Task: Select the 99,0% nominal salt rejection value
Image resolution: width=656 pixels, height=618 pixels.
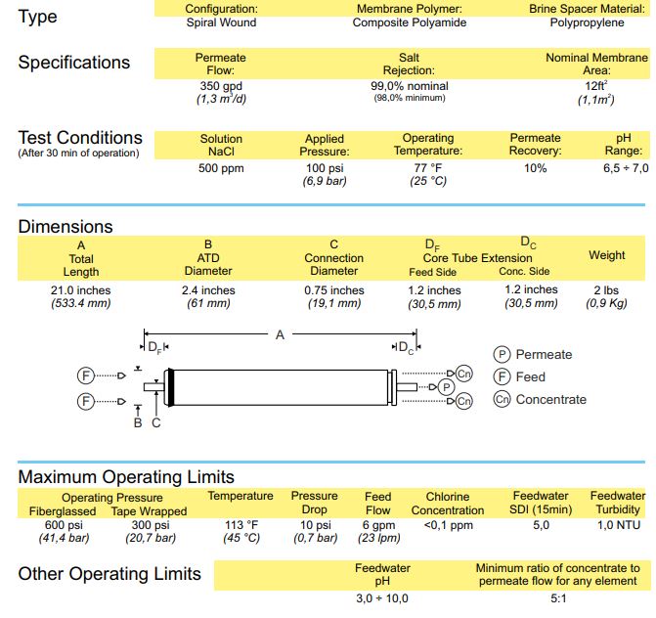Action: pyautogui.click(x=409, y=85)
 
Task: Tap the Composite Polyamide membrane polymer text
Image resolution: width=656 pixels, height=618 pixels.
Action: pyautogui.click(x=409, y=22)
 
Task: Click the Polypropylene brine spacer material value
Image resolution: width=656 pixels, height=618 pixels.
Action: pyautogui.click(x=594, y=22)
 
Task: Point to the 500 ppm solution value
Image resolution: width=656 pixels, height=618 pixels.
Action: pyautogui.click(x=221, y=169)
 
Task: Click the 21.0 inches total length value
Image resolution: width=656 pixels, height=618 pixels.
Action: pyautogui.click(x=81, y=290)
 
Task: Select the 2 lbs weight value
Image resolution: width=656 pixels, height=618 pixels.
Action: pyautogui.click(x=606, y=290)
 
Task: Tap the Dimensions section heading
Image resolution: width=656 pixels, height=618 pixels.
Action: pyautogui.click(x=66, y=227)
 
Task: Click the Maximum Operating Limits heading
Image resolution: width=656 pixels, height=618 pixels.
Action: pyautogui.click(x=126, y=477)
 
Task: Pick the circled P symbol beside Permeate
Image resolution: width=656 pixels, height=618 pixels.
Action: pyautogui.click(x=502, y=354)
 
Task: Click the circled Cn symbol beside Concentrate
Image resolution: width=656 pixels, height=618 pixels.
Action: pyautogui.click(x=502, y=399)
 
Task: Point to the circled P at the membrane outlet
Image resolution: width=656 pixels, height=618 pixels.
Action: pyautogui.click(x=445, y=387)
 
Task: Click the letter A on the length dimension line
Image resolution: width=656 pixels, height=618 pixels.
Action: pyautogui.click(x=280, y=334)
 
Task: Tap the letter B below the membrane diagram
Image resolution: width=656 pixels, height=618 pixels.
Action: pyautogui.click(x=138, y=422)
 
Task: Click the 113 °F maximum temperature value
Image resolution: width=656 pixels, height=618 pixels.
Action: pyautogui.click(x=240, y=524)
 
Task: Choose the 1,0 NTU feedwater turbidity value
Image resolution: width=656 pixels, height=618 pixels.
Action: pyautogui.click(x=618, y=524)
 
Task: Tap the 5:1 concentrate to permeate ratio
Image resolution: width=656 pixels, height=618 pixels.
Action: pyautogui.click(x=557, y=597)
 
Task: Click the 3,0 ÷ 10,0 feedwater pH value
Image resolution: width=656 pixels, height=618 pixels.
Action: pyautogui.click(x=382, y=597)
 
